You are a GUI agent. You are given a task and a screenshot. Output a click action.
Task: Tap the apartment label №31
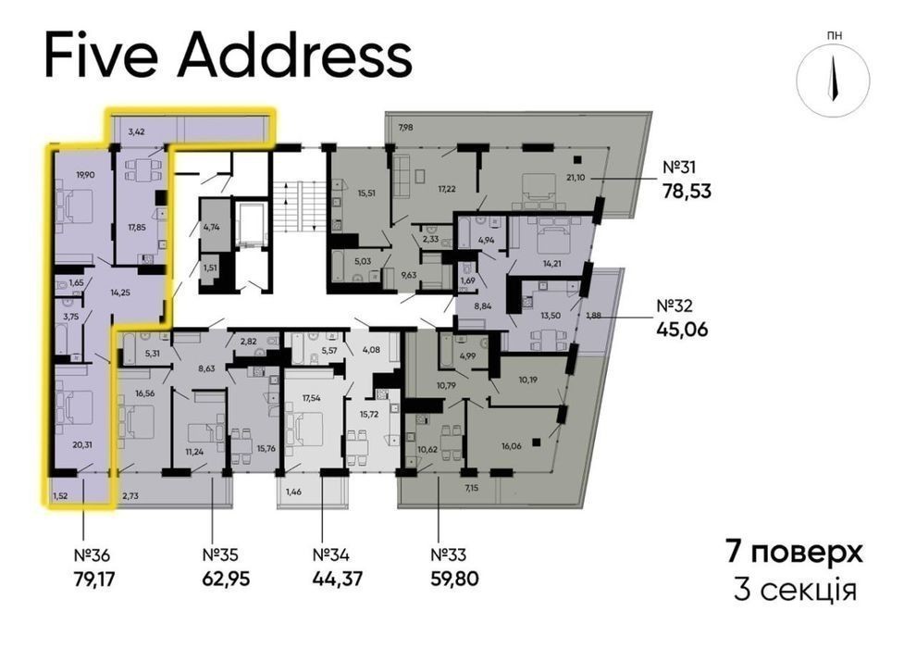[679, 168]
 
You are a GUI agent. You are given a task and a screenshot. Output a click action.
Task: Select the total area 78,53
[687, 191]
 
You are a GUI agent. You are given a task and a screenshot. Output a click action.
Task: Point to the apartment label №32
[675, 305]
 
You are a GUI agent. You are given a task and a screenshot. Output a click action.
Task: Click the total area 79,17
[95, 579]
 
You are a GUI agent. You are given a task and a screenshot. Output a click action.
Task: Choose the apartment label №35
[220, 554]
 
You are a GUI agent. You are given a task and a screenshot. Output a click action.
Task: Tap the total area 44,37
[338, 579]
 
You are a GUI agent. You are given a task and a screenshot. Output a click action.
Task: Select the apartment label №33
[448, 554]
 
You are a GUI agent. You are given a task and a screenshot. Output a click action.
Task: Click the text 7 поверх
[794, 552]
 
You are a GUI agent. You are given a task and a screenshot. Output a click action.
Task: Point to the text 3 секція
[795, 591]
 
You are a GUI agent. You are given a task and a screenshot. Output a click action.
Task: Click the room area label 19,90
[85, 174]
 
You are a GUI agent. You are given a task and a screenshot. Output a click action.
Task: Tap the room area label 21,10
[576, 178]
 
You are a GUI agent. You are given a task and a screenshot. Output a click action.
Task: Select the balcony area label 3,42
[136, 132]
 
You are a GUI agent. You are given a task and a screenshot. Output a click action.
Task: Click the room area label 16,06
[511, 445]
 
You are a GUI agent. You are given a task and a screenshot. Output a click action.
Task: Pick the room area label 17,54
[311, 398]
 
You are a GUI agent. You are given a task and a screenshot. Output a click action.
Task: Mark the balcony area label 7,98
[405, 127]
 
